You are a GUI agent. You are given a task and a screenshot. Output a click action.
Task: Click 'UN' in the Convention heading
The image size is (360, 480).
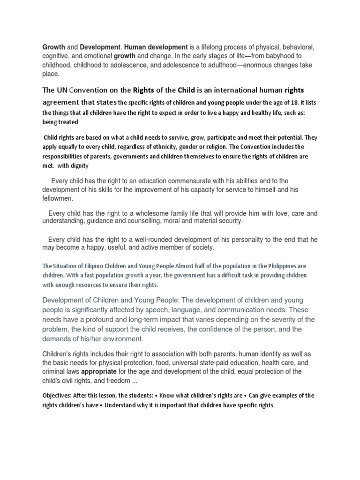pyautogui.click(x=63, y=90)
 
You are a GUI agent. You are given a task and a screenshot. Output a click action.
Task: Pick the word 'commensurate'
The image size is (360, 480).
pyautogui.click(x=190, y=181)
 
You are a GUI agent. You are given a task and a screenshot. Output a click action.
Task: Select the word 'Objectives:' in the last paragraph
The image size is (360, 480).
pyautogui.click(x=60, y=396)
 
